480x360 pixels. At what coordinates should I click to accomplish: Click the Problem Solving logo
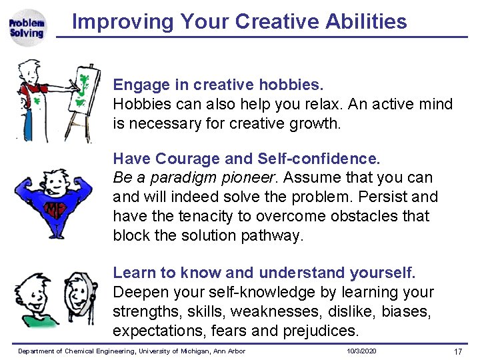[27, 28]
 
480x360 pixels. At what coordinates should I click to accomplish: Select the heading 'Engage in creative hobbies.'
[218, 85]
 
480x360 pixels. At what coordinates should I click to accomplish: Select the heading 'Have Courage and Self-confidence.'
[247, 159]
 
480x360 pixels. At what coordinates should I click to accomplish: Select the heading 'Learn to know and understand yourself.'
[264, 273]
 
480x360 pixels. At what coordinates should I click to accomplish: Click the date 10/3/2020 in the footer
[361, 351]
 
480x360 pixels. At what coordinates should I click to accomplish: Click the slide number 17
[457, 351]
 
